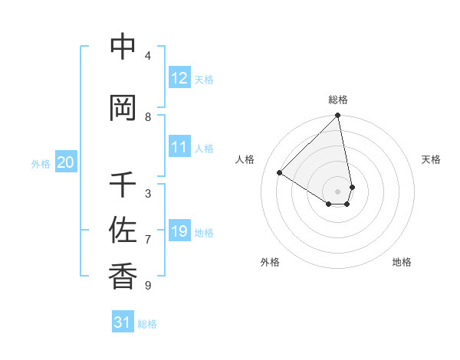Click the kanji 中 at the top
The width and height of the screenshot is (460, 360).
click(x=123, y=47)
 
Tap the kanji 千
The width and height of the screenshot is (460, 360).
click(x=123, y=185)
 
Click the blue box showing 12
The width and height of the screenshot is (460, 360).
click(x=179, y=78)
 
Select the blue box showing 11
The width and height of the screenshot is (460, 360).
click(x=179, y=147)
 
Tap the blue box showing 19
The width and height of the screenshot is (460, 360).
click(x=179, y=231)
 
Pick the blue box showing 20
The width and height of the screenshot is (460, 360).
click(x=66, y=162)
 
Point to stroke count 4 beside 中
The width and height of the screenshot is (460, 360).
click(x=148, y=56)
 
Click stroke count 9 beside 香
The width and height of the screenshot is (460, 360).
click(x=148, y=286)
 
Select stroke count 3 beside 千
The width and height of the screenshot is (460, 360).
click(x=148, y=194)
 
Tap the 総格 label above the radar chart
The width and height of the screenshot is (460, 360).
click(x=337, y=100)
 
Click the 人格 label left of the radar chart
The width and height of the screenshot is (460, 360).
click(x=245, y=159)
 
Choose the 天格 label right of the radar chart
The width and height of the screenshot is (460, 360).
click(x=431, y=159)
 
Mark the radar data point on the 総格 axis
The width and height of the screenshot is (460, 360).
click(x=337, y=116)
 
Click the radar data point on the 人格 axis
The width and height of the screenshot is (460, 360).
click(x=280, y=173)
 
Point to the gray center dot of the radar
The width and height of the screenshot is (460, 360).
click(x=337, y=191)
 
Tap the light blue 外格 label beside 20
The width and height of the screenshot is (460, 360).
click(x=41, y=163)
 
